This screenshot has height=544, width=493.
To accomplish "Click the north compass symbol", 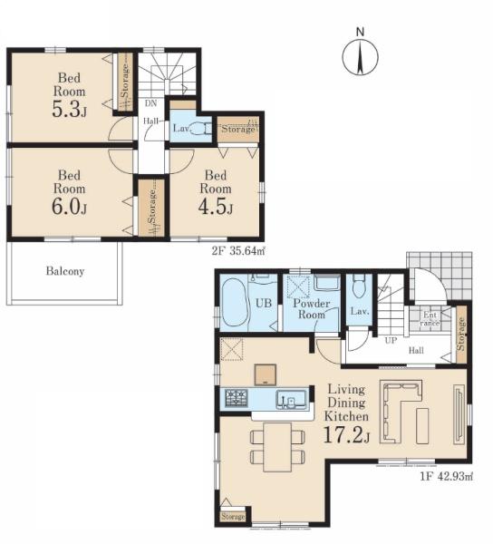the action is click(360, 56).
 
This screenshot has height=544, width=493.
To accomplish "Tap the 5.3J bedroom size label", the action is click(70, 109).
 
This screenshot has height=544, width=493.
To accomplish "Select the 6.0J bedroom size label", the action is click(70, 206).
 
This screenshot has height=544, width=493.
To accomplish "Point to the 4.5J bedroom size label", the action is click(216, 206).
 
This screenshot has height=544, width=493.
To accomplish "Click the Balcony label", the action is click(65, 271).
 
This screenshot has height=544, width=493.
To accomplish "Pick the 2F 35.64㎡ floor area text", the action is click(238, 251).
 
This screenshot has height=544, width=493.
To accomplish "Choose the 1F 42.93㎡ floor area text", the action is click(447, 476).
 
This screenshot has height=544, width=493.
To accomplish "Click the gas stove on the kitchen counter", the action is click(237, 398).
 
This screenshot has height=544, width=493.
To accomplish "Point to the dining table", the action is click(277, 447).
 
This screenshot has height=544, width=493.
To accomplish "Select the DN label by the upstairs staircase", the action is click(150, 103).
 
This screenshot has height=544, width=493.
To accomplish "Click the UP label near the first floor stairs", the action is click(391, 340).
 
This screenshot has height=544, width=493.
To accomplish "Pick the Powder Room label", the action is click(312, 309).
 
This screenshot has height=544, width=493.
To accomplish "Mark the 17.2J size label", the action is click(346, 435).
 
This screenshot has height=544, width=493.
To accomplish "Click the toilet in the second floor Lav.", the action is click(202, 129).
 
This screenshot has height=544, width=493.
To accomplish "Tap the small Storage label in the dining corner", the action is click(233, 517).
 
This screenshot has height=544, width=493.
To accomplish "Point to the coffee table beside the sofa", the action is click(422, 426).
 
